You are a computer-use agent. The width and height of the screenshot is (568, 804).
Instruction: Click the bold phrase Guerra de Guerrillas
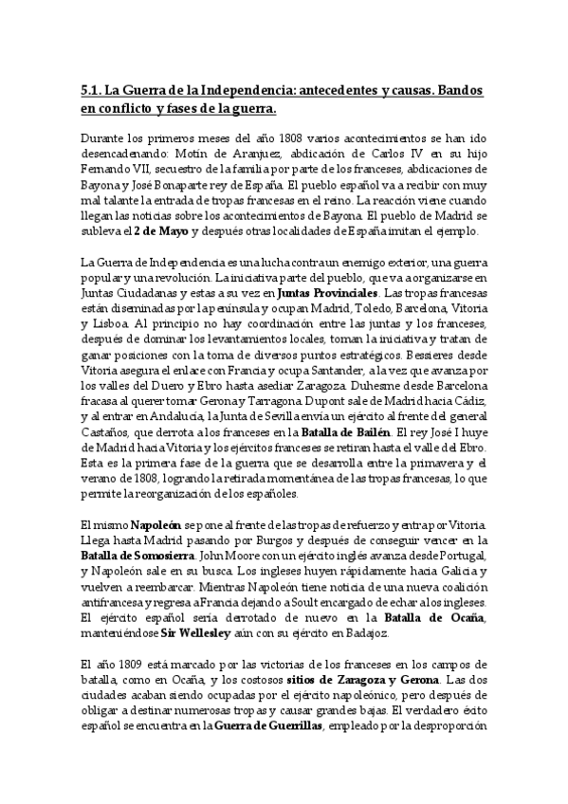269,727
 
